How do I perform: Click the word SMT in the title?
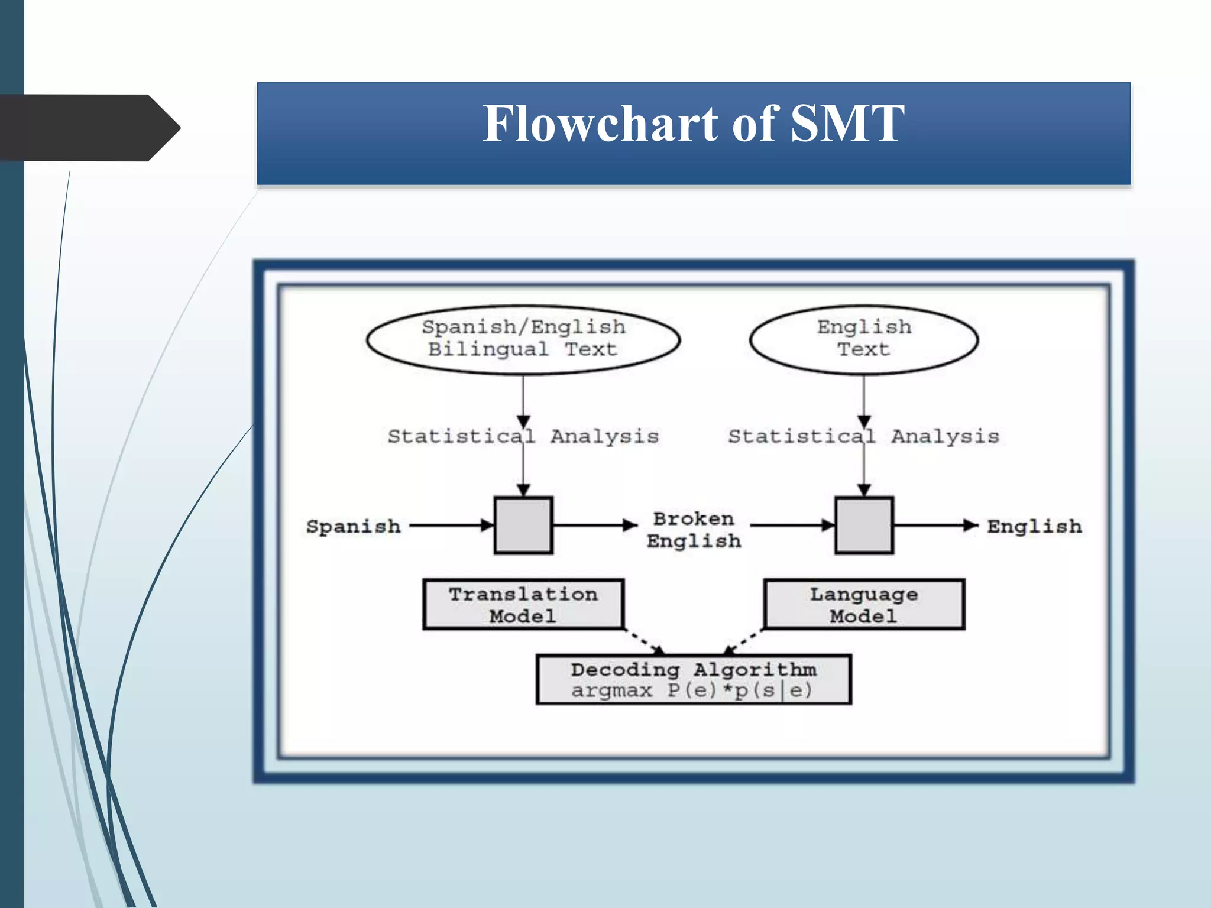(847, 124)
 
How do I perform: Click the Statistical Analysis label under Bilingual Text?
(523, 437)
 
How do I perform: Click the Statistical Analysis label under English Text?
(863, 437)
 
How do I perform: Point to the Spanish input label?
(353, 526)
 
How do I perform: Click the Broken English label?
(694, 530)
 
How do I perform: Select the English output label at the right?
(1034, 526)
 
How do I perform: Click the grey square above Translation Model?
(523, 525)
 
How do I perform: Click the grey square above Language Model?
(864, 525)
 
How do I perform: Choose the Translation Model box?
(523, 604)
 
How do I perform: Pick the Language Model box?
(864, 604)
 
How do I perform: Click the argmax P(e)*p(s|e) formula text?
(692, 690)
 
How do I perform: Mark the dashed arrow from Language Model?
(742, 642)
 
